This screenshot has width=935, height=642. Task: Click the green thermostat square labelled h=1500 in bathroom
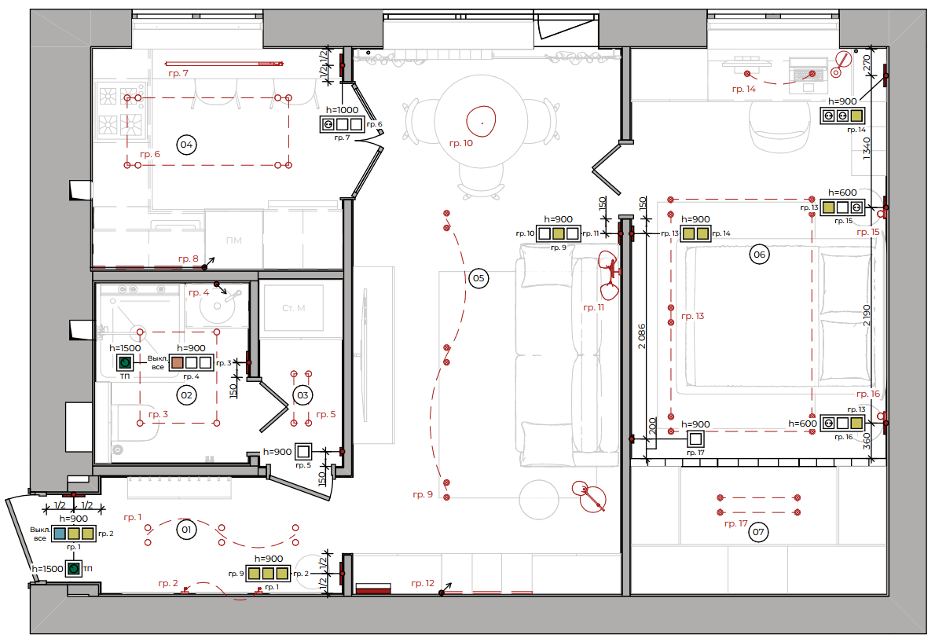125,362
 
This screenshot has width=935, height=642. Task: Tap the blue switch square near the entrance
60,534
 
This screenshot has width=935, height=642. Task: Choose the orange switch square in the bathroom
177,362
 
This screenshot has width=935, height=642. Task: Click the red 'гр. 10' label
461,143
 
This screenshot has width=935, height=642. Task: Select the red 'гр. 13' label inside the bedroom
692,316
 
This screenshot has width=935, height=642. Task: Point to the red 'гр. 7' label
178,73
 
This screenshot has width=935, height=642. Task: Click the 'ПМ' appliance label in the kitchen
234,240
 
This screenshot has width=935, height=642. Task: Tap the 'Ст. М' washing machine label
293,308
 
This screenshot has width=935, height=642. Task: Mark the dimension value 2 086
642,336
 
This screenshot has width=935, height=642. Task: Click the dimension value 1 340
867,147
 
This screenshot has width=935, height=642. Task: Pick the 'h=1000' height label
343,110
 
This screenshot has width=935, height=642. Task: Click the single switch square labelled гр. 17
695,439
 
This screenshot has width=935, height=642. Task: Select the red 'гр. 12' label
423,584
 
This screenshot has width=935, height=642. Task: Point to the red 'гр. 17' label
736,523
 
